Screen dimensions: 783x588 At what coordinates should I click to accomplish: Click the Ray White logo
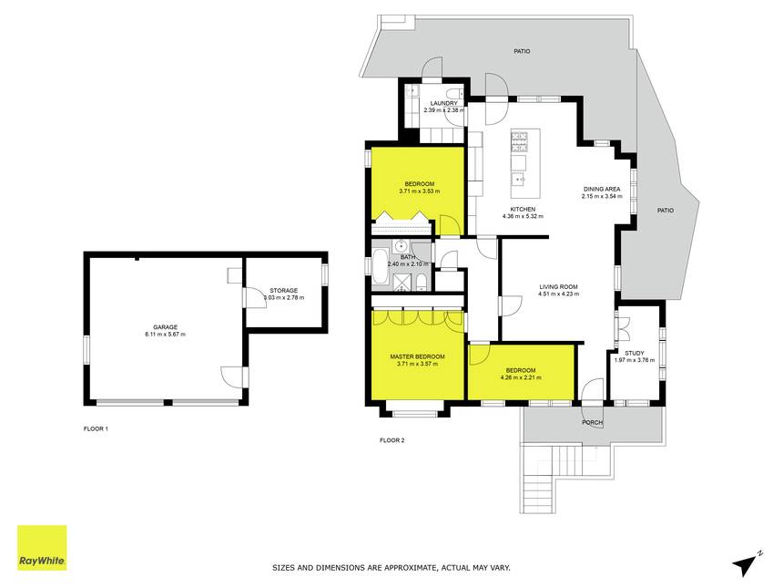[42, 548]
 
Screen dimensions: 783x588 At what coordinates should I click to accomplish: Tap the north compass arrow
[746, 564]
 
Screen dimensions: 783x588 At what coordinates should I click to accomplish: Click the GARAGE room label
[166, 327]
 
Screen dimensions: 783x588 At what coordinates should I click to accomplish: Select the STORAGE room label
[284, 291]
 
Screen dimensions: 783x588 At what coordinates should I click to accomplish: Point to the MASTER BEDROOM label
[418, 357]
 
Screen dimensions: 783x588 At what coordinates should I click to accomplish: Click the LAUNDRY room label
[444, 104]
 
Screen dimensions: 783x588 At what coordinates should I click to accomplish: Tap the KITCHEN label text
[523, 210]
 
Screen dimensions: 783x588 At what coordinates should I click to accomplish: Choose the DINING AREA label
[602, 190]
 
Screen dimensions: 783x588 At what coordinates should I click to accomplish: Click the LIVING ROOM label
[558, 287]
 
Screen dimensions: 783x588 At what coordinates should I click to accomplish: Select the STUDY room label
[635, 353]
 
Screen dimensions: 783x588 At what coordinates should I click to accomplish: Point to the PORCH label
[593, 423]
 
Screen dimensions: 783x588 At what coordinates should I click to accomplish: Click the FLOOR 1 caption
[96, 429]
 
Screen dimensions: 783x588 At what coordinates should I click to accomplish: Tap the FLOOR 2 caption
[392, 440]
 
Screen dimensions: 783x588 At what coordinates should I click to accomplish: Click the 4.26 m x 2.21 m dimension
[521, 378]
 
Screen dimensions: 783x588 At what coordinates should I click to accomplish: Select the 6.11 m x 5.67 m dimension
[166, 335]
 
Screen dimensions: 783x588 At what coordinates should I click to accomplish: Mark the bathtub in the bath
[379, 266]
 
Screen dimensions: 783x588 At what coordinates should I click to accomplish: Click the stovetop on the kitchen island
[519, 141]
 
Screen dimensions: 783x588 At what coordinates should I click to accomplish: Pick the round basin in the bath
[401, 246]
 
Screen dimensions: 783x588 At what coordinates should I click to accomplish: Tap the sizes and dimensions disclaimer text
[391, 568]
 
